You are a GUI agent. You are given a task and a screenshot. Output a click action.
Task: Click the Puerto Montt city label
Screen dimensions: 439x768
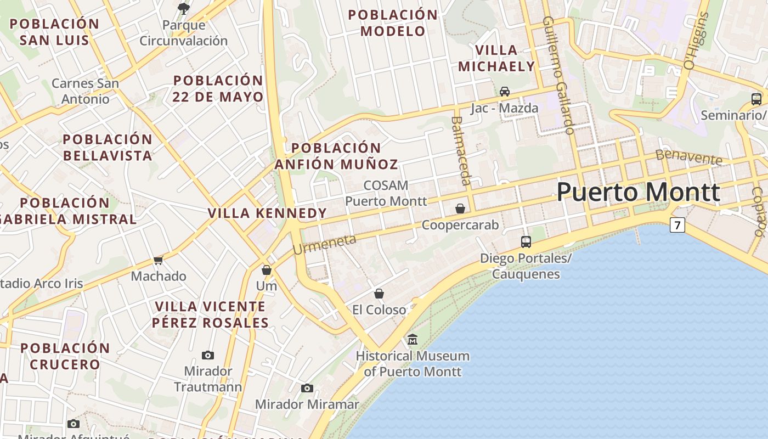coord(638,192)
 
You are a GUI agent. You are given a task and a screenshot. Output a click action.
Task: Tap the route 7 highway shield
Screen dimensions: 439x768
coord(677,225)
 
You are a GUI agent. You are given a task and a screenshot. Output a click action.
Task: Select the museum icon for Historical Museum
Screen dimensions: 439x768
coord(413,340)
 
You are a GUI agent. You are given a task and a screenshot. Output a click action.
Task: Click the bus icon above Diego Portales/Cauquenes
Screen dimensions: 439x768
coord(526,241)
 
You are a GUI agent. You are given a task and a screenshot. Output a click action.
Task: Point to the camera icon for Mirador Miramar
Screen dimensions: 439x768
coord(307,389)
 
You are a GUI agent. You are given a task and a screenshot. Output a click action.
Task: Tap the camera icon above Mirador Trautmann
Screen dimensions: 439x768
coord(208,355)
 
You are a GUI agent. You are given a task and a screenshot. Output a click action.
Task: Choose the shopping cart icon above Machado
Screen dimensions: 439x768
coord(159,260)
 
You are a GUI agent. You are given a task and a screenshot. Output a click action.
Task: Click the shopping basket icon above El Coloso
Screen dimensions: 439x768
coord(379,294)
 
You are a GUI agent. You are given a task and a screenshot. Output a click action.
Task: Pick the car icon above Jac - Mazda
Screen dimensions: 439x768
coord(505,91)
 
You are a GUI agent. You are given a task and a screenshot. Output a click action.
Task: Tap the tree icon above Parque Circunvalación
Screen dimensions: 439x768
coord(184,8)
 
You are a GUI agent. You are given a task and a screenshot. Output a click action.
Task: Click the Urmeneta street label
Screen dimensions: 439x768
coord(324,244)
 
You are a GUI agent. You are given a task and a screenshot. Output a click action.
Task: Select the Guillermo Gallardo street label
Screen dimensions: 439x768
coord(558,75)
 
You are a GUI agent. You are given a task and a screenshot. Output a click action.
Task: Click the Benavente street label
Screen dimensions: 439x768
coord(689,157)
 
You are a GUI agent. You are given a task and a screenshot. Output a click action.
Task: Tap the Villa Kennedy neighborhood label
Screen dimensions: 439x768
coord(267,213)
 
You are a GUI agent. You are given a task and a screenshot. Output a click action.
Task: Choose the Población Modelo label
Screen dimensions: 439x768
coord(393,23)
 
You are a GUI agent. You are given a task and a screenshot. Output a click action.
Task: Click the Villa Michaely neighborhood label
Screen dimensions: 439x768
coord(496,58)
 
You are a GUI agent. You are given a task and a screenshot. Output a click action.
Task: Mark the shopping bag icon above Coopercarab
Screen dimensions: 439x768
coord(460,209)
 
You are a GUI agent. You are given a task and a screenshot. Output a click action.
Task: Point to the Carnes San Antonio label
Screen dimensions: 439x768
coord(85,91)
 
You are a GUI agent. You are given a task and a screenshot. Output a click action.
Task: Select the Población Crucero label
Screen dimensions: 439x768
coord(65,356)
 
